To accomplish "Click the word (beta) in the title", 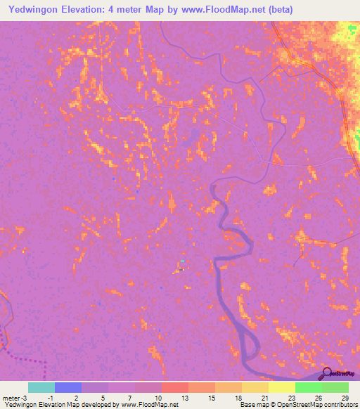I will click(277, 10).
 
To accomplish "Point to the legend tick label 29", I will click(344, 397).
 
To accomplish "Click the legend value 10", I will click(157, 397).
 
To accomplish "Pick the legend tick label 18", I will click(237, 397).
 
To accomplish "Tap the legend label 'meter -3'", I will click(14, 397).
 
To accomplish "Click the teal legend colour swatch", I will click(41, 387).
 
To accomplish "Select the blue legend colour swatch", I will click(67, 387).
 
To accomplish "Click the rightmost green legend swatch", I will click(335, 387).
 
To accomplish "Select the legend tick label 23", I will click(290, 397).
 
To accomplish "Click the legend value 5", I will click(104, 397).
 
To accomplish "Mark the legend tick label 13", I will click(184, 397).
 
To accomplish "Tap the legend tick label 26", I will click(317, 397).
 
